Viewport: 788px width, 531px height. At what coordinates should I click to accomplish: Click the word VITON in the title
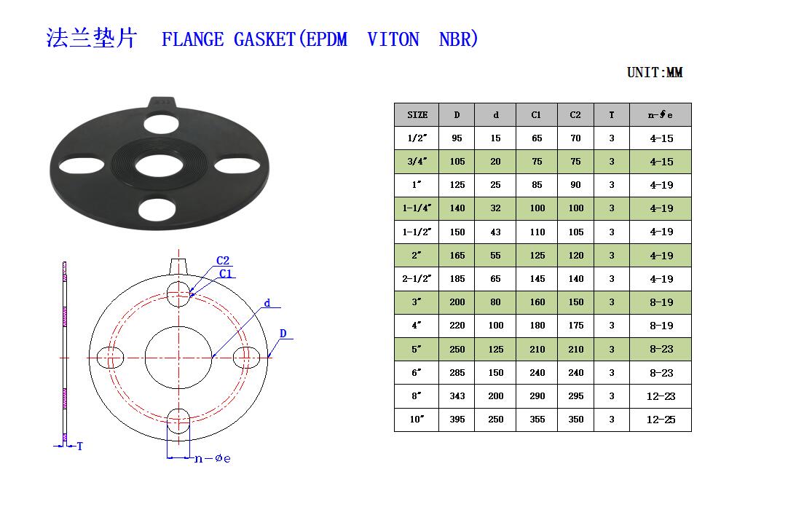coord(393,39)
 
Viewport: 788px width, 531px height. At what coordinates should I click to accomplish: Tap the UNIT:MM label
coord(655,72)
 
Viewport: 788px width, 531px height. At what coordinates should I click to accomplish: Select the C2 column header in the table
coord(575,114)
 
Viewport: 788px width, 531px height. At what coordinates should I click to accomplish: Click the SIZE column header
coord(417,114)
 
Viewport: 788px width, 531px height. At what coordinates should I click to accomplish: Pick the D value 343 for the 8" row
coord(457,396)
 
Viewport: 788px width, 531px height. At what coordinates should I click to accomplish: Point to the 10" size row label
coord(417,419)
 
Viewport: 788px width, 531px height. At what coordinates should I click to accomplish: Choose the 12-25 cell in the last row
coord(661,420)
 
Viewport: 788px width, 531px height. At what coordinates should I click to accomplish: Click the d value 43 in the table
coord(495,232)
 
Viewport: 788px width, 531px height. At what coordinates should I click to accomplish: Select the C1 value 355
coord(537,419)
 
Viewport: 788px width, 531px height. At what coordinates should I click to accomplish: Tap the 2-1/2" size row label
coord(417,278)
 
